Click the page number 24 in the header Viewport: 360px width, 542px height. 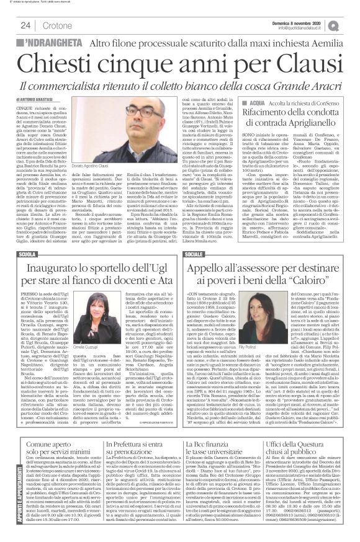pyautogui.click(x=25, y=25)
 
